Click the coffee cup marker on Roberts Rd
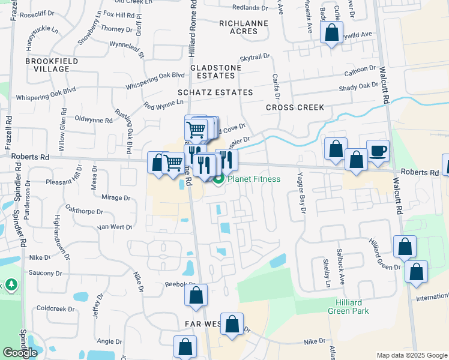[x=378, y=151]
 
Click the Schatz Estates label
[x=215, y=92]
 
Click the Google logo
[x=20, y=353]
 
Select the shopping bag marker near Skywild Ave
[x=331, y=33]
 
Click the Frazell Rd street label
[x=9, y=133]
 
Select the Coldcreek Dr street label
[x=55, y=308]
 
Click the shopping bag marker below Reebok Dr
[x=196, y=295]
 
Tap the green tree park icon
[x=11, y=283]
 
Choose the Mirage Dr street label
[x=115, y=197]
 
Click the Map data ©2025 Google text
[x=412, y=355]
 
